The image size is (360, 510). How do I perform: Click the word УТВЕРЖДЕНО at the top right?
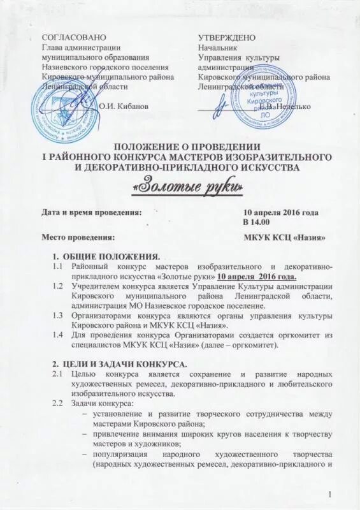pyautogui.click(x=227, y=39)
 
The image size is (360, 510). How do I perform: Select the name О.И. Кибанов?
pyautogui.click(x=124, y=106)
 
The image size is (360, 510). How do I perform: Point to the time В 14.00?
pyautogui.click(x=257, y=221)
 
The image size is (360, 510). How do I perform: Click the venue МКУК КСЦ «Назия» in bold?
pyautogui.click(x=285, y=238)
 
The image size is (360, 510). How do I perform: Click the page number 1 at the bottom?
pyautogui.click(x=331, y=495)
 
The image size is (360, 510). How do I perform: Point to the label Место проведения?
pyautogui.click(x=78, y=238)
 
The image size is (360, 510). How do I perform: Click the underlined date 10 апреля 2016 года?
pyautogui.click(x=257, y=277)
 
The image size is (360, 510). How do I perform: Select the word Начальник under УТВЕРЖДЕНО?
pyautogui.click(x=217, y=48)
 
